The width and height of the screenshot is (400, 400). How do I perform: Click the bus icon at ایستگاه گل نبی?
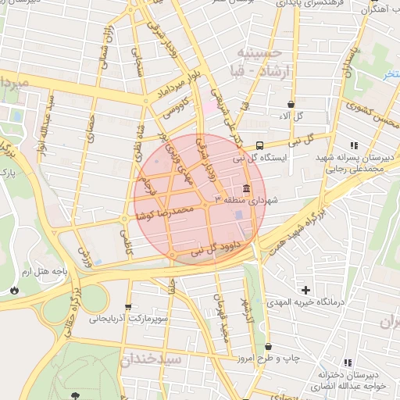(259, 145)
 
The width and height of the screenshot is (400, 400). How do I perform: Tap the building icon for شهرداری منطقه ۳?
(247, 189)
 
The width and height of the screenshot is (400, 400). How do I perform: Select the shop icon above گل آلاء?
(291, 103)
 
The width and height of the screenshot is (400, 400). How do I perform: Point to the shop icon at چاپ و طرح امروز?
(269, 346)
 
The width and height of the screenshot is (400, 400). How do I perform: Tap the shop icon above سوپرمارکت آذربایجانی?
(128, 306)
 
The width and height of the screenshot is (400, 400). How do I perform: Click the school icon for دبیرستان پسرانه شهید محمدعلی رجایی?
(354, 145)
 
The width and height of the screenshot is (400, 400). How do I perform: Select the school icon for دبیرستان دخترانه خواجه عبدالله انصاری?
(348, 362)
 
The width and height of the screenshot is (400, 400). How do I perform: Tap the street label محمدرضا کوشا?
(166, 213)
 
